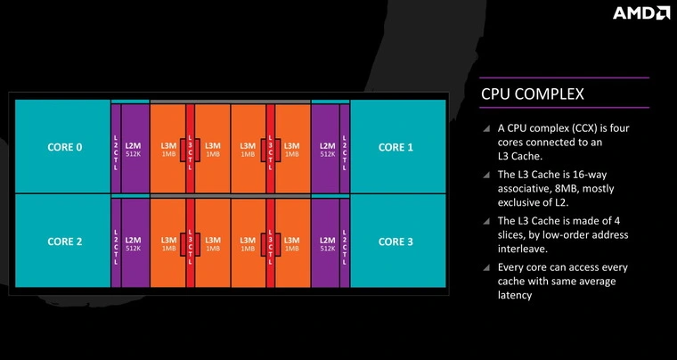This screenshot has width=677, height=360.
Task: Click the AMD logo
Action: coord(640,12)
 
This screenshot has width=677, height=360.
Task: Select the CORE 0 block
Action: coord(64,146)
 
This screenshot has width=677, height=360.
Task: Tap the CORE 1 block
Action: coord(396,146)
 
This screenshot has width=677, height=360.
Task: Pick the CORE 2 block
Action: coord(64,241)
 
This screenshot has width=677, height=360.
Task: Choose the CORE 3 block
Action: coord(396,241)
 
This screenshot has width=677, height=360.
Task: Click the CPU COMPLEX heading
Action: coord(533,93)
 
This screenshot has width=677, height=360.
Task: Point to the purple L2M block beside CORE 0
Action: coord(134,148)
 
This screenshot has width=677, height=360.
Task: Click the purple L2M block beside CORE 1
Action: coord(327,148)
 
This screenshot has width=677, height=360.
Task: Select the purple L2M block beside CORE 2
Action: coord(134,242)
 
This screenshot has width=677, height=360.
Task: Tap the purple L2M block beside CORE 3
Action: coord(327,242)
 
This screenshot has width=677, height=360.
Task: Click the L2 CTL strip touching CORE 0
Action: coord(116,148)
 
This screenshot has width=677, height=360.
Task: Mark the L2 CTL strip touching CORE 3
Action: coord(344,242)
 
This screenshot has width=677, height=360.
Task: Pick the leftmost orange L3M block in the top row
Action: coord(168,148)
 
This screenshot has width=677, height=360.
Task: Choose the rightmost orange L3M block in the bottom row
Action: coord(291,242)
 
